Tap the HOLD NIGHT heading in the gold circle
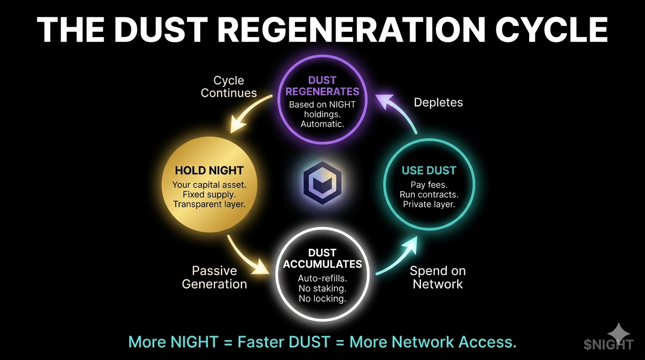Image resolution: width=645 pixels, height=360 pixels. [x=209, y=171]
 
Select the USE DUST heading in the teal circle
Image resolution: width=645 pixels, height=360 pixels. [x=429, y=171]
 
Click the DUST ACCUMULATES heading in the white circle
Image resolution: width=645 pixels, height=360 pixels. [x=322, y=259]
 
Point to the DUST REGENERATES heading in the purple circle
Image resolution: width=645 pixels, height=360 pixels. [x=322, y=86]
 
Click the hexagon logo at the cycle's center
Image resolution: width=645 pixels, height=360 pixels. [x=322, y=182]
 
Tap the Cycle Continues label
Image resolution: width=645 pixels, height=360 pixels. [x=229, y=87]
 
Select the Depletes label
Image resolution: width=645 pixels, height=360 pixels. [x=438, y=103]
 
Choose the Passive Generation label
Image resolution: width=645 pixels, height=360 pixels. [x=215, y=277]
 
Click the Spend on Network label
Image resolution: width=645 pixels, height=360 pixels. [x=438, y=277]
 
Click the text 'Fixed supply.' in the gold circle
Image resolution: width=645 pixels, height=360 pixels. [x=209, y=195]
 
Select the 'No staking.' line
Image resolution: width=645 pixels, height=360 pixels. [x=322, y=288]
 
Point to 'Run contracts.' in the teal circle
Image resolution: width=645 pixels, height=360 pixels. [x=429, y=195]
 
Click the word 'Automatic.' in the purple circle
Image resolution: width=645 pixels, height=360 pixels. [x=322, y=124]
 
